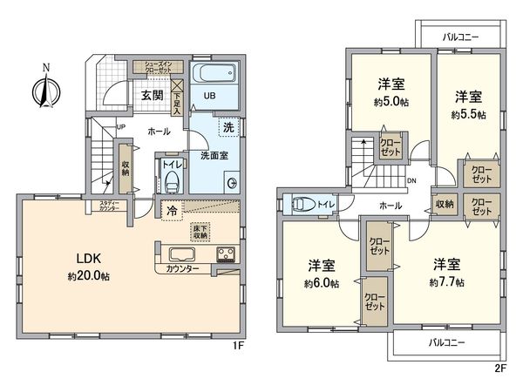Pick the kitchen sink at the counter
(183, 255)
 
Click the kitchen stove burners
(226, 255)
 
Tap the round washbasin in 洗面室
(233, 183)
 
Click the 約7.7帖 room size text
(446, 282)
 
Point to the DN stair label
(411, 181)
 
